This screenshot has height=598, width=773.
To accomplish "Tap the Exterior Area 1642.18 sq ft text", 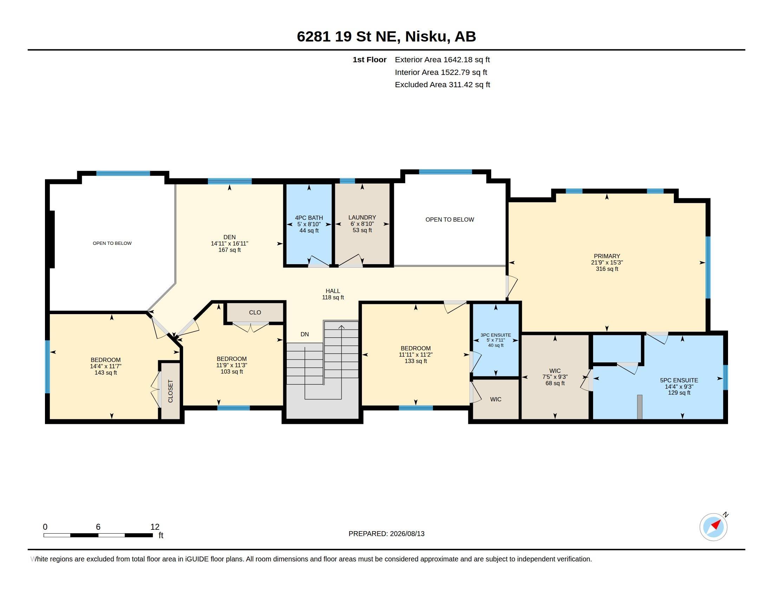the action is click(x=442, y=59).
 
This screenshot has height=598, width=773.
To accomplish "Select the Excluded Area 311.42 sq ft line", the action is click(x=442, y=84).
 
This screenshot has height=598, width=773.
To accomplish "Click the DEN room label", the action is click(x=229, y=243).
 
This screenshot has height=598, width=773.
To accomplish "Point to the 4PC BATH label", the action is click(x=309, y=224).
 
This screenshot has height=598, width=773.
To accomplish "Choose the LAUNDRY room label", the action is click(x=362, y=223).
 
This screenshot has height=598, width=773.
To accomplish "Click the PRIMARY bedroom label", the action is click(x=607, y=262).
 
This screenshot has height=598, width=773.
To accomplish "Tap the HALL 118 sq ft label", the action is click(x=333, y=294).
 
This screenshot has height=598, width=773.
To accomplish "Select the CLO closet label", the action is click(x=255, y=312).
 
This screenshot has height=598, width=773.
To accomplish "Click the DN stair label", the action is click(x=304, y=334).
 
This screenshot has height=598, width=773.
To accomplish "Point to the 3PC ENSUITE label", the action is click(x=495, y=340).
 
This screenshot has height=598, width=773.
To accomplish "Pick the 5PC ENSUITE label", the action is click(x=679, y=387).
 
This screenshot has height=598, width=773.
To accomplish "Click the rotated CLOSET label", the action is click(x=170, y=391).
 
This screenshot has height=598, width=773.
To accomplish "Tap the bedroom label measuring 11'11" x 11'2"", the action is click(x=416, y=355).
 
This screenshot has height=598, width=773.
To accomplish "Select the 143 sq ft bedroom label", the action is click(x=105, y=366).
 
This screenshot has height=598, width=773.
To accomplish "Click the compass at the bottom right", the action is click(x=713, y=527).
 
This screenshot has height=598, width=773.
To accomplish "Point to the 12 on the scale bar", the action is click(x=155, y=527).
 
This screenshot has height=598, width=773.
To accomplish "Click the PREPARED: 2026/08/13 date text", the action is click(x=386, y=534).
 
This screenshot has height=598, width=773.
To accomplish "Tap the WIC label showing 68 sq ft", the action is click(x=555, y=377).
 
